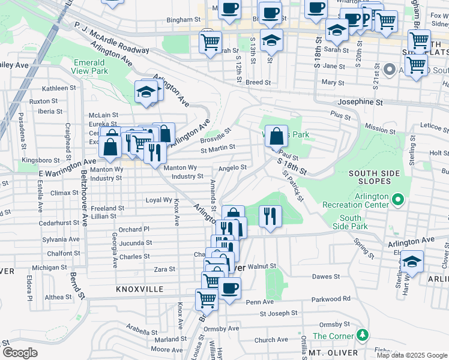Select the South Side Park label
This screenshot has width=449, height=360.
pos(354,222)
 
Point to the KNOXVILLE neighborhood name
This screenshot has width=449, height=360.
pos(140,289)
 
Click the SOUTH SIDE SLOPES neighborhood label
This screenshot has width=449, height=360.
pos(374,178)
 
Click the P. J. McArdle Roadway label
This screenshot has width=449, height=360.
pos(111,38)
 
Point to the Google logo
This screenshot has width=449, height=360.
pos(20,353)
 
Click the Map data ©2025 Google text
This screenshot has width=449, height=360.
pos(411,355)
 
